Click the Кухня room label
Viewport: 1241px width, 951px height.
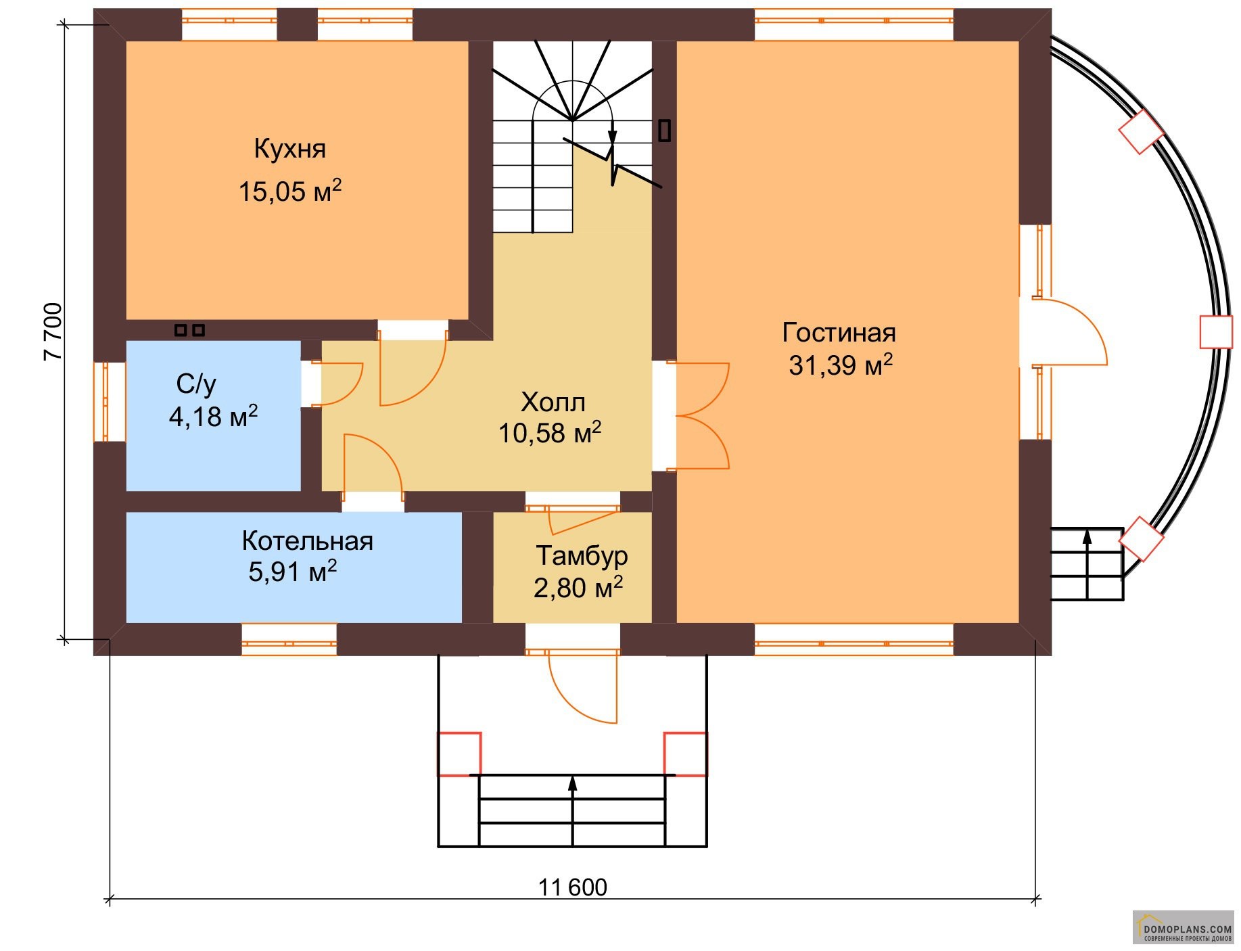[289, 149]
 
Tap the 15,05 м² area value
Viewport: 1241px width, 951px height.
[289, 190]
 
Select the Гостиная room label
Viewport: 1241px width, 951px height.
[839, 333]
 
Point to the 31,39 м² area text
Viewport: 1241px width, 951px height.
[841, 365]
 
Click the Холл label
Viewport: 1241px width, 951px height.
[553, 402]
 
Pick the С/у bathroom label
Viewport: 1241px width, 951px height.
[196, 384]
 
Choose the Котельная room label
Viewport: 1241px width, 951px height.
[307, 541]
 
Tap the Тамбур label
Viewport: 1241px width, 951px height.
[582, 556]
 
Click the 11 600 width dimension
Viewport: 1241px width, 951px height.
[572, 887]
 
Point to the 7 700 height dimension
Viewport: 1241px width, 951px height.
[53, 332]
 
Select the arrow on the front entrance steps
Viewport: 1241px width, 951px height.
[573, 810]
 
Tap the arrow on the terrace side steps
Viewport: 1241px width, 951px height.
[1087, 564]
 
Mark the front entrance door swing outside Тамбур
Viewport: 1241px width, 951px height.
[583, 687]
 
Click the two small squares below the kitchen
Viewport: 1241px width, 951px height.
[189, 330]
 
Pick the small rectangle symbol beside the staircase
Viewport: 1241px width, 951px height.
[665, 131]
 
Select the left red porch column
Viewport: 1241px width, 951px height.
[459, 753]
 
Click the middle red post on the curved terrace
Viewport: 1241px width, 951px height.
[1215, 332]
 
